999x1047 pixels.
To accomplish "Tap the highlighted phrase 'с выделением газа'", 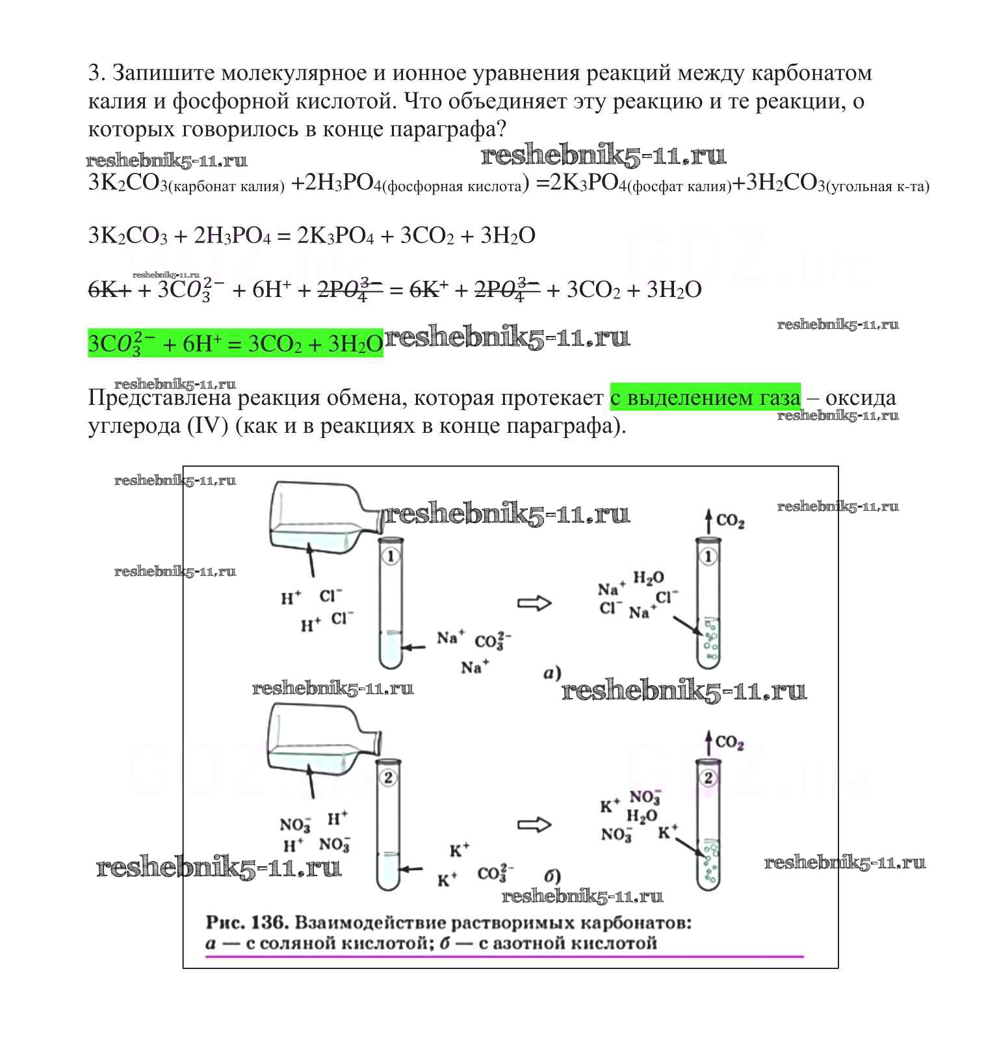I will pyautogui.click(x=705, y=397).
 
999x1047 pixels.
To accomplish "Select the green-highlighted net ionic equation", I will pyautogui.click(x=235, y=343).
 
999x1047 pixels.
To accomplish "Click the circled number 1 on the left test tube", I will pyautogui.click(x=391, y=556).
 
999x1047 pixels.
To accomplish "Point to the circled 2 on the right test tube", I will pyautogui.click(x=708, y=777).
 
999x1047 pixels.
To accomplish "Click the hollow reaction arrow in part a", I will pyautogui.click(x=534, y=603).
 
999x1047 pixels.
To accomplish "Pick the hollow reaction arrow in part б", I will pyautogui.click(x=534, y=825).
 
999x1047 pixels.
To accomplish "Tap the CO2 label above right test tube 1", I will pyautogui.click(x=730, y=521).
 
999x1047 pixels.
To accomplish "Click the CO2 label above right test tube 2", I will pyautogui.click(x=729, y=742).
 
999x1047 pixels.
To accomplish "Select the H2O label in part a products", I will pyautogui.click(x=649, y=578).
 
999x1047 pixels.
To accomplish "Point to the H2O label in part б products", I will pyautogui.click(x=642, y=816).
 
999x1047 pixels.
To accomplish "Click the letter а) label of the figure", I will pyautogui.click(x=552, y=673).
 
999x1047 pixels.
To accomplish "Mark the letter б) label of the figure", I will pyautogui.click(x=552, y=876).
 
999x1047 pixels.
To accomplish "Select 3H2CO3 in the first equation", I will pyautogui.click(x=785, y=184).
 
